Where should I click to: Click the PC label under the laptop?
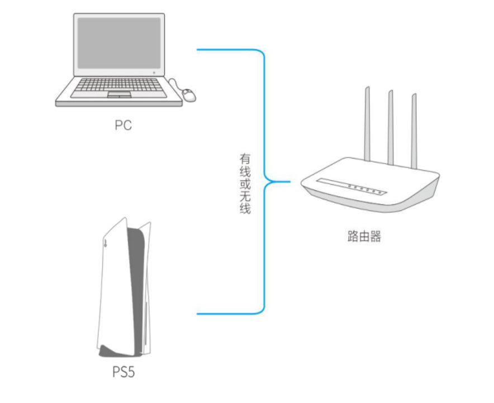pos(123,125)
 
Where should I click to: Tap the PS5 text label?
pos(123,372)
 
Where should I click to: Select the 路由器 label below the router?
pos(364,236)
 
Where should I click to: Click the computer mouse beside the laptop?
pos(189,95)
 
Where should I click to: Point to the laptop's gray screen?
pos(119,43)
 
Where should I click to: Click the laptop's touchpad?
pos(120,94)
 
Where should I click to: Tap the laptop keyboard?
pos(119,85)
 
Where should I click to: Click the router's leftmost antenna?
pos(367,124)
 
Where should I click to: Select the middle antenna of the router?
pos(391,127)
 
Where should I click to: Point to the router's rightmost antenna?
pos(414,131)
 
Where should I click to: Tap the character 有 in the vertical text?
pos(245,159)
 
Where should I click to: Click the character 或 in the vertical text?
pos(245,184)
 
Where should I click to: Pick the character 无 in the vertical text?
pos(245,196)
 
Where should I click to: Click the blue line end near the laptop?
pos(197,50)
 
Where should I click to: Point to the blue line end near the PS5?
pos(197,314)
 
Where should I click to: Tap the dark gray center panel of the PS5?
pos(136,290)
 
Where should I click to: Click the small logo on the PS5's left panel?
pos(105,242)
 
